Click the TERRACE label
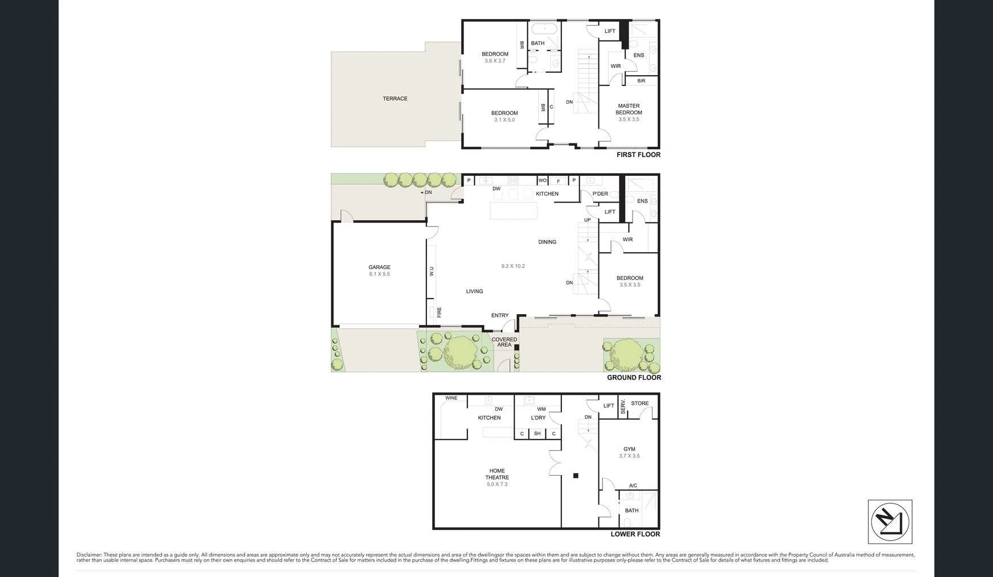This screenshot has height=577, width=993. coord(395,98)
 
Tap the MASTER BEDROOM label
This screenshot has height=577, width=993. coord(629,109)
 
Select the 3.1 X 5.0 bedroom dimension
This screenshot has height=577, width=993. coord(504,120)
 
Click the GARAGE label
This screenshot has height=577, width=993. coord(379,267)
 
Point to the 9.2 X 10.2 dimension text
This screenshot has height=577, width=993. coord(513,266)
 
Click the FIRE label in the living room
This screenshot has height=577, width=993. coord(439,312)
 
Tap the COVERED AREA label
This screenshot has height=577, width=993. coord(504,342)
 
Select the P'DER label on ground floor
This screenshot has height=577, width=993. coord(600,193)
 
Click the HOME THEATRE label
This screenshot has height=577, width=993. coord(497,474)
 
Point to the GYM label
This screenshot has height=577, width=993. coord(629,449)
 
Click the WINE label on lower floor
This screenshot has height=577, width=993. coord(451,398)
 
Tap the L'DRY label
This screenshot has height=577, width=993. coord(538,418)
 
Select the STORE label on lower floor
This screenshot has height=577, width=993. coord(640,403)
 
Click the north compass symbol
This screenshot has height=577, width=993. coord(890,522)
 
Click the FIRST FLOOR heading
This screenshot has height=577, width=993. coord(638,155)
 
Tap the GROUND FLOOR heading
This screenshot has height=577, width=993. coord(634,378)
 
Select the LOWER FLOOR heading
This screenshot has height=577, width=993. coord(635,534)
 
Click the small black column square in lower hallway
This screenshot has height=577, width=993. coord(576,476)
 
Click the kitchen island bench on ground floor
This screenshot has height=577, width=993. coord(514,211)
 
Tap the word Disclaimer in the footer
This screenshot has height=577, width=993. coord(89,555)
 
